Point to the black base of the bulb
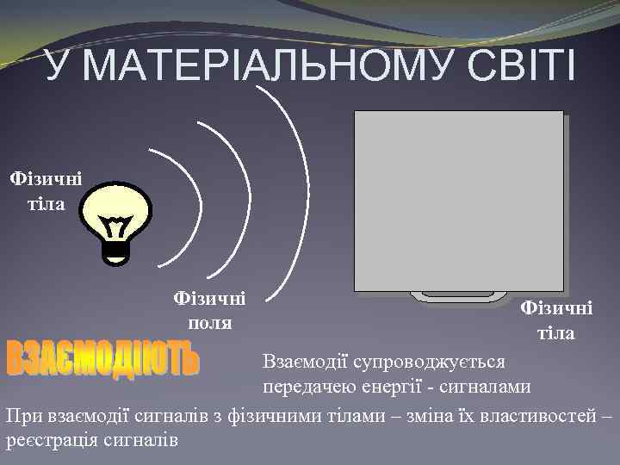[x=116, y=250]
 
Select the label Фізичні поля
[x=209, y=310]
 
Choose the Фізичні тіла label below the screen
[x=556, y=320]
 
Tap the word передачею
[x=304, y=385]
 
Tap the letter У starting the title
[x=57, y=68]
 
